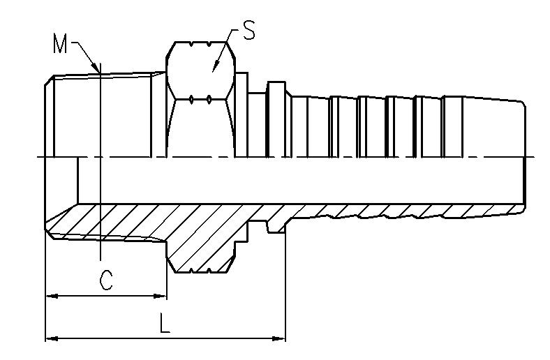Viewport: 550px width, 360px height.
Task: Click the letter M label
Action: coord(59,43)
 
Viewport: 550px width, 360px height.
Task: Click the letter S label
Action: coord(248,30)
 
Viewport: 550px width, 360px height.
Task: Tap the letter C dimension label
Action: coord(106,280)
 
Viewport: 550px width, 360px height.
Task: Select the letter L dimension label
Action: coord(165,323)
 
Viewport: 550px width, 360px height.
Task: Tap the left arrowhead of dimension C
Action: coord(52,297)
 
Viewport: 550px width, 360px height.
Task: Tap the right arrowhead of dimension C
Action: coord(161,297)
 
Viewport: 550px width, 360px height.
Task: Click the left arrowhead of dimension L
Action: coord(52,338)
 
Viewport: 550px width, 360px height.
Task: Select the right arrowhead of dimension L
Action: coord(279,338)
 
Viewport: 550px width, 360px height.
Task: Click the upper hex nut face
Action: coord(200,70)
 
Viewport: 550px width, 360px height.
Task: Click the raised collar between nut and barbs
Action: coord(276,119)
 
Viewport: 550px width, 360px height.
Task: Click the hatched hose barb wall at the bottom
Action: coord(403,211)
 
